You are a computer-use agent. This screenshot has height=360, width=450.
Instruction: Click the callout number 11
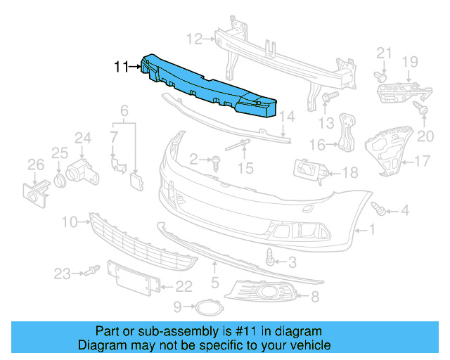click(x=121, y=67)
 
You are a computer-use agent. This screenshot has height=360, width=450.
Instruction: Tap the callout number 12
click(x=194, y=38)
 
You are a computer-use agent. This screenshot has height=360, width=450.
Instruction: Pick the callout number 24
click(x=83, y=138)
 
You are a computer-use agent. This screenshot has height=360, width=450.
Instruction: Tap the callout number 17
click(x=421, y=162)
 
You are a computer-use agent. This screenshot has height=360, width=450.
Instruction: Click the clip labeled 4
click(x=380, y=208)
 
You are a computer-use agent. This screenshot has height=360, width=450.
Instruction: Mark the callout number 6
click(x=124, y=110)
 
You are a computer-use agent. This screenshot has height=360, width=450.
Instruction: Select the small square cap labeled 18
click(x=308, y=171)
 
